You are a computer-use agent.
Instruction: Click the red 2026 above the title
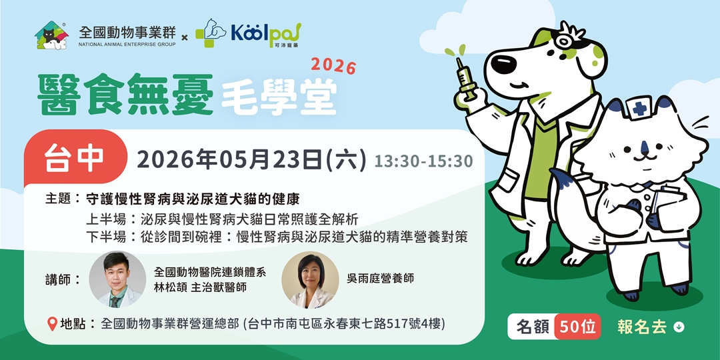coord(333,65)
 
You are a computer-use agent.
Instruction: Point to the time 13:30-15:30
coord(423,161)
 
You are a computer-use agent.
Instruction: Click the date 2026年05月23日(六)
coord(251,159)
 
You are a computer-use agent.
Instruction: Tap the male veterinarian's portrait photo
coord(117,279)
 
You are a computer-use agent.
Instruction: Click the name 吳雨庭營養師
coord(380,278)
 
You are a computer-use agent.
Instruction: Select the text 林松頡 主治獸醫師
coord(200,287)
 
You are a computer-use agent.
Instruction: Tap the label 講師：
coord(64,279)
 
